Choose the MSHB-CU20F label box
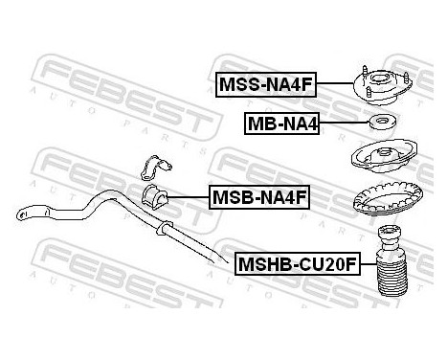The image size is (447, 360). pos(296,260)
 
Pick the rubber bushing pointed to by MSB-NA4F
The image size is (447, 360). pos(156,198)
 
